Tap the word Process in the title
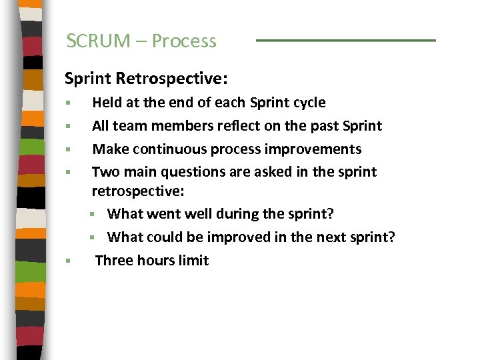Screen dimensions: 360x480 184,41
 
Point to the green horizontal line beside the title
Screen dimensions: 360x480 345,41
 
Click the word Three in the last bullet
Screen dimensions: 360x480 114,261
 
